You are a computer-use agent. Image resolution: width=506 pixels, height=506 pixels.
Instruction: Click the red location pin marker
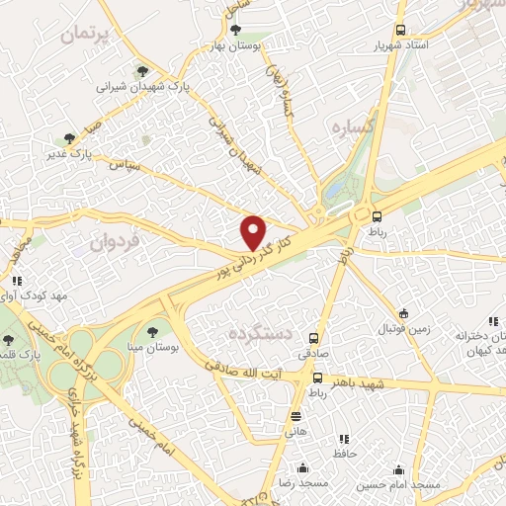coord(254,233)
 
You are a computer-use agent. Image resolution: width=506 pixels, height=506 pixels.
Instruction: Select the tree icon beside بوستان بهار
coord(234,29)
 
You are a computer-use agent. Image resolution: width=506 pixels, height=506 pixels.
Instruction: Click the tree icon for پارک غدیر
coord(67,137)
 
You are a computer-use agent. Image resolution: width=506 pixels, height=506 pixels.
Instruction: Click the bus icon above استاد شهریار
coord(399,30)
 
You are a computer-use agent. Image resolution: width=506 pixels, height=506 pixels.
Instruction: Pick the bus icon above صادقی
coord(314,338)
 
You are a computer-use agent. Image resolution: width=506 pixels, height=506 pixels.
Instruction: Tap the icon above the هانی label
coord(295,415)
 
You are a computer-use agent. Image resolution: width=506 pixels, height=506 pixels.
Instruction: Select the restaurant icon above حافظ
coord(344,439)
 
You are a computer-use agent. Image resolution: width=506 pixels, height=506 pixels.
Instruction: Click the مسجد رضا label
coord(302,485)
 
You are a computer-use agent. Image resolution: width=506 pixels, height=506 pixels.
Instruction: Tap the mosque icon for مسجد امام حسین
coord(399,469)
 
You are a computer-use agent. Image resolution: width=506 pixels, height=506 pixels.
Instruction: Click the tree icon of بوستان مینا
coord(151,331)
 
